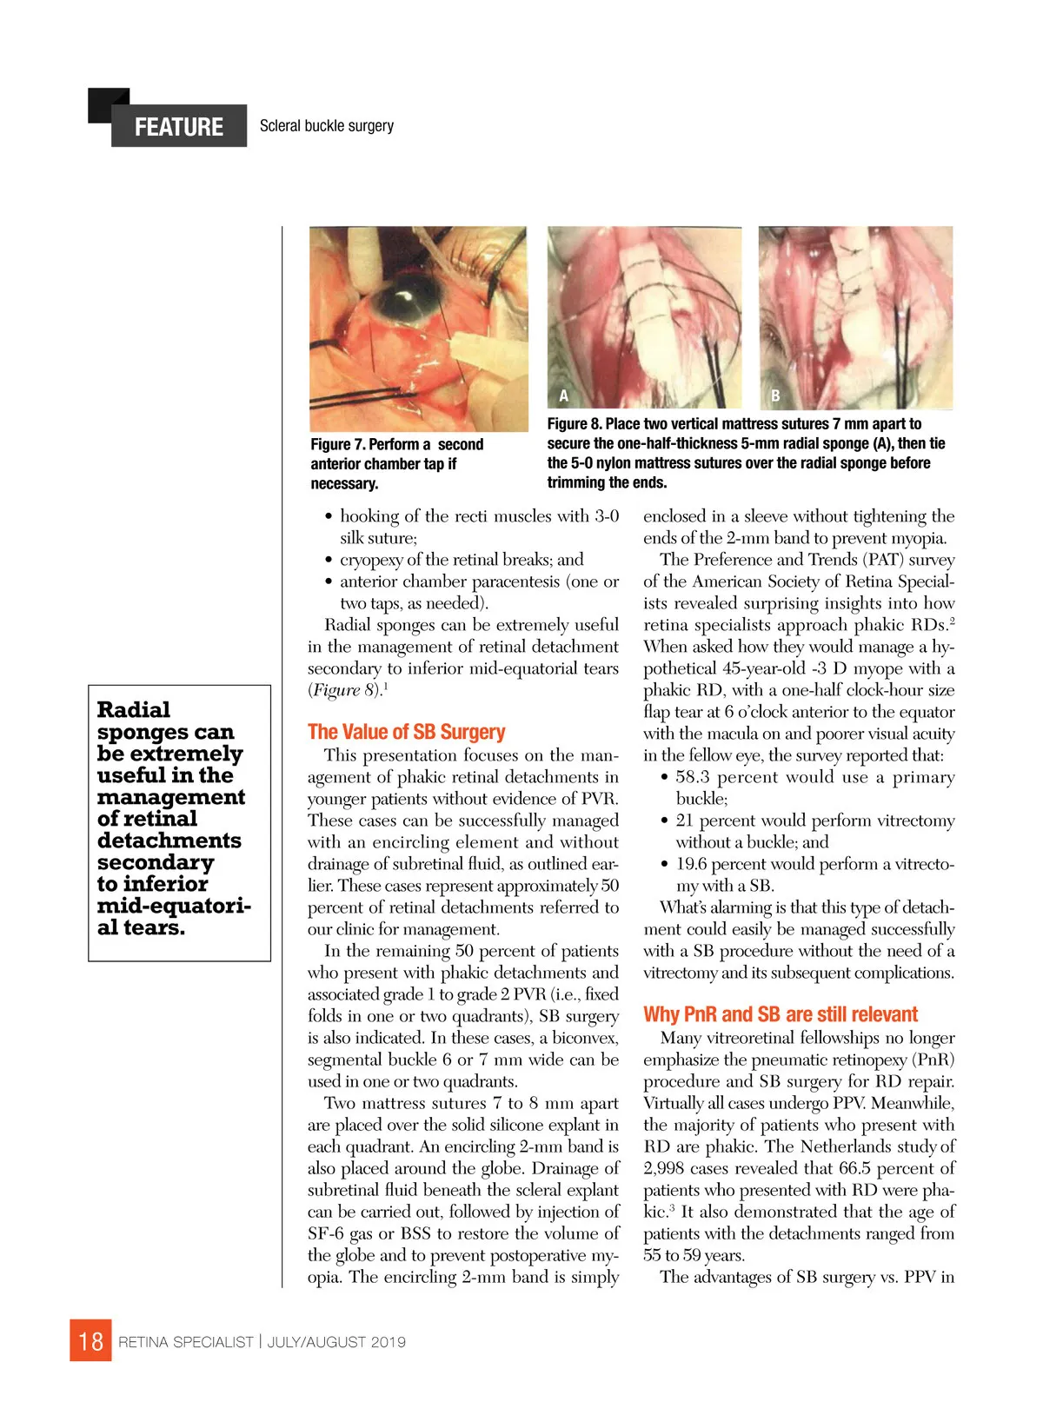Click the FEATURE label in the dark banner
coord(178,127)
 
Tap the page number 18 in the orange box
coord(90,1340)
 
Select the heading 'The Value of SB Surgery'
coord(406,732)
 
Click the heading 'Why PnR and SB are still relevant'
coord(780,1014)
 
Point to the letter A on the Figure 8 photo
coord(563,395)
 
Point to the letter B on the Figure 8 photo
coord(775,395)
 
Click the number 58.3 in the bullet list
coord(695,777)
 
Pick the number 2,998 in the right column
coord(667,1168)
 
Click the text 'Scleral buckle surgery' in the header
coord(326,126)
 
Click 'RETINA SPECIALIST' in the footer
coord(185,1342)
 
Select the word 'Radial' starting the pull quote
coord(134,709)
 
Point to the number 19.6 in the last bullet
coord(694,864)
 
